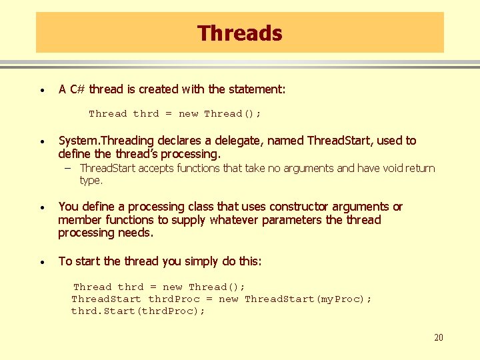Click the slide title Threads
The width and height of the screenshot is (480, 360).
(239, 33)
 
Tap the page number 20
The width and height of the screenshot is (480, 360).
(438, 337)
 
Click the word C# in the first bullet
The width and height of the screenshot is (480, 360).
(77, 89)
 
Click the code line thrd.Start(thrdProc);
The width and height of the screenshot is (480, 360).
(138, 311)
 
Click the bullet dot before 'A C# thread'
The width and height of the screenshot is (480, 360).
(42, 90)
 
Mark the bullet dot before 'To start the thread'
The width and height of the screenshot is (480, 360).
(42, 262)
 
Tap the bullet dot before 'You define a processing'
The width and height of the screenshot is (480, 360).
(42, 207)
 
